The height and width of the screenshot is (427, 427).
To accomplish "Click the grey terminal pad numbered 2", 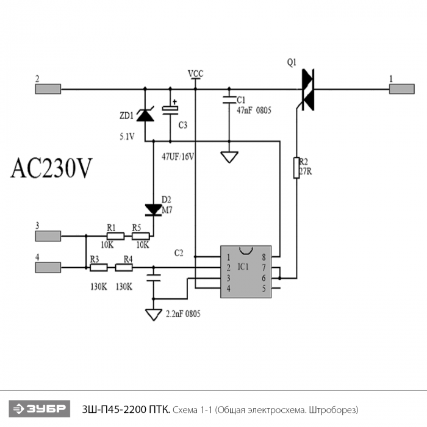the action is [x=48, y=89].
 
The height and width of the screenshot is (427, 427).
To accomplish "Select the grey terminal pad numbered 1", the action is [x=401, y=89].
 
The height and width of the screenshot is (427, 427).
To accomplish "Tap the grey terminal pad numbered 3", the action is [x=48, y=236].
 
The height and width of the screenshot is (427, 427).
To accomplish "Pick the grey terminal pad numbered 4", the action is [x=48, y=267].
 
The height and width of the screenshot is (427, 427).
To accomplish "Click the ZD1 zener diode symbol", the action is [x=145, y=115].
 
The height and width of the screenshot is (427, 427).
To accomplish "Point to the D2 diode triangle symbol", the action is [x=153, y=210].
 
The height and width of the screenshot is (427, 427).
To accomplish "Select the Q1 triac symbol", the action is [x=307, y=90].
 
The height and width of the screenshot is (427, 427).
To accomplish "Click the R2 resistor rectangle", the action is [x=296, y=168].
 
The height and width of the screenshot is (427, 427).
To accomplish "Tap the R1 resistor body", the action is [x=115, y=236].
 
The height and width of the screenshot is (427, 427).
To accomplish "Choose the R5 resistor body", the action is [x=140, y=236].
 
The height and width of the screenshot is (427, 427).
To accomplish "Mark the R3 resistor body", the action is [x=99, y=268].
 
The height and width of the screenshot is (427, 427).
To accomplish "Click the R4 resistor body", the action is [x=124, y=268].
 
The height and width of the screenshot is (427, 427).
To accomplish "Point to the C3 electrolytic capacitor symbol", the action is [x=170, y=108].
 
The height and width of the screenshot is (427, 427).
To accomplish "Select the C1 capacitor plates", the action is [x=229, y=99].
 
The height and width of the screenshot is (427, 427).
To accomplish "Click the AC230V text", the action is [x=51, y=168].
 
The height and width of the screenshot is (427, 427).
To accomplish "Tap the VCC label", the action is [x=196, y=74].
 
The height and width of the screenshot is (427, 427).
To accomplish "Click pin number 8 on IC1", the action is [x=264, y=257].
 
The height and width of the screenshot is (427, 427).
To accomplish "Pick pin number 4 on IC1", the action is [x=229, y=289].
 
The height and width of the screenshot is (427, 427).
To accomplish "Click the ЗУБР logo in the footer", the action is [x=40, y=409].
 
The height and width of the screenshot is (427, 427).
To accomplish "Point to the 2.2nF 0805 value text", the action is [x=183, y=314].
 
